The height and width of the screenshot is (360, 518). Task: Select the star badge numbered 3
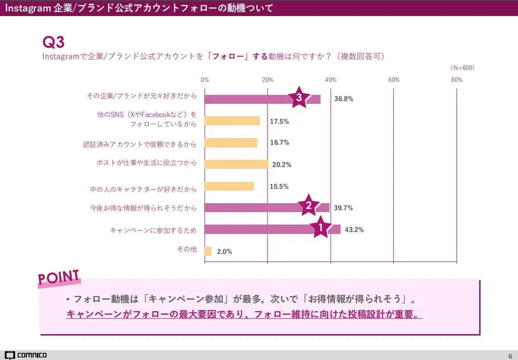pyautogui.click(x=299, y=98)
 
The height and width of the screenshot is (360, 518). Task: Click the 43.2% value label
pyautogui.click(x=354, y=230)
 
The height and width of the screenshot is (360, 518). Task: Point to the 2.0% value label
pyautogui.click(x=224, y=251)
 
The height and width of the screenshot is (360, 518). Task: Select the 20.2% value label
pyautogui.click(x=282, y=165)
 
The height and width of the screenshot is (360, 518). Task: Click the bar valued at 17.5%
pyautogui.click(x=232, y=121)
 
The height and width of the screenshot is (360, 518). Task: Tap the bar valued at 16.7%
pyautogui.click(x=231, y=143)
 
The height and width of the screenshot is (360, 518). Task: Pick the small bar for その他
pyautogui.click(x=208, y=251)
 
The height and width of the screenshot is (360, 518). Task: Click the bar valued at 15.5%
pyautogui.click(x=229, y=186)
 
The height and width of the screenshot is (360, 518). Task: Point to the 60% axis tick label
pyautogui.click(x=394, y=80)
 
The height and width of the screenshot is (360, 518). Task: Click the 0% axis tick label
pyautogui.click(x=205, y=80)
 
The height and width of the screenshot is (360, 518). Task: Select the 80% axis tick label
pyautogui.click(x=456, y=80)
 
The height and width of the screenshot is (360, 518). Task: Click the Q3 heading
pyautogui.click(x=53, y=42)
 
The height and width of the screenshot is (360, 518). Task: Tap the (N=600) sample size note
pyautogui.click(x=463, y=68)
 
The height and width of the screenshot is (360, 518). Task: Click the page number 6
pyautogui.click(x=510, y=356)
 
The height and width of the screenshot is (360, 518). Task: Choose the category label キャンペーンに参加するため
pyautogui.click(x=153, y=230)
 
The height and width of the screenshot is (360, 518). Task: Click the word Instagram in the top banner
pyautogui.click(x=27, y=8)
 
